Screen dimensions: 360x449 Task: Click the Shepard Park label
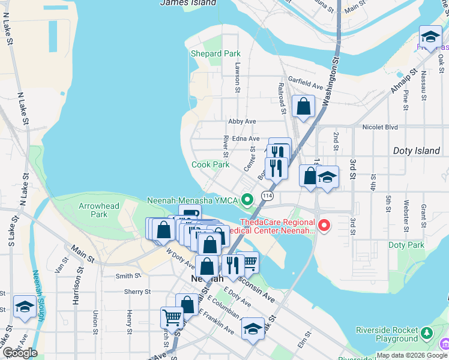215,53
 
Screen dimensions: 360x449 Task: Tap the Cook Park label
211,164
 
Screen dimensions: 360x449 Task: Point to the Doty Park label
406,245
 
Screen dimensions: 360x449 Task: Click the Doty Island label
416,151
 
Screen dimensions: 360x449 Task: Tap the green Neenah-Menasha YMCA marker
247,199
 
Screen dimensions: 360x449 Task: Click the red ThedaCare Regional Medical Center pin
324,226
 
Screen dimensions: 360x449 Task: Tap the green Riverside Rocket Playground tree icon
427,332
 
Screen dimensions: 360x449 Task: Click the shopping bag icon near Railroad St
304,106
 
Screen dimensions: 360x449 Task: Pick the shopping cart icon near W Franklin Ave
172,317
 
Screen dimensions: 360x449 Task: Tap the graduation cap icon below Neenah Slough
24,307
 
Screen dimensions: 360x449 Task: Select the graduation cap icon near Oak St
430,37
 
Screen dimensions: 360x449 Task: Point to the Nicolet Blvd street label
380,127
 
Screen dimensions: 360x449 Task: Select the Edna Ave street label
246,139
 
